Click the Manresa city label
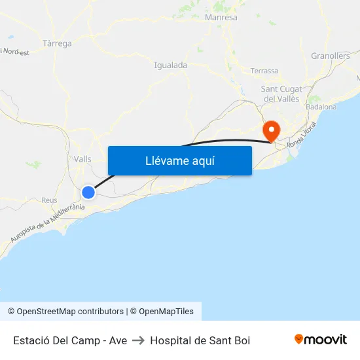tap(221, 18)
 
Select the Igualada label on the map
tap(170, 65)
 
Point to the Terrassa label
tap(264, 71)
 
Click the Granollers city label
tap(331, 56)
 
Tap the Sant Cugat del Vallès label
tap(280, 94)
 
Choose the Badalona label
tap(321, 107)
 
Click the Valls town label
tap(82, 159)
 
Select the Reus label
tap(49, 200)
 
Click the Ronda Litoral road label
tap(302, 135)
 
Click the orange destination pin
tap(270, 130)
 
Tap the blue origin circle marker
tap(88, 192)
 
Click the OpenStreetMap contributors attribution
tap(65, 312)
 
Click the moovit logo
tap(321, 340)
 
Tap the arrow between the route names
tap(138, 340)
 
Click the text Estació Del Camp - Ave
tap(70, 340)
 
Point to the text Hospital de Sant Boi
tap(200, 340)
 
